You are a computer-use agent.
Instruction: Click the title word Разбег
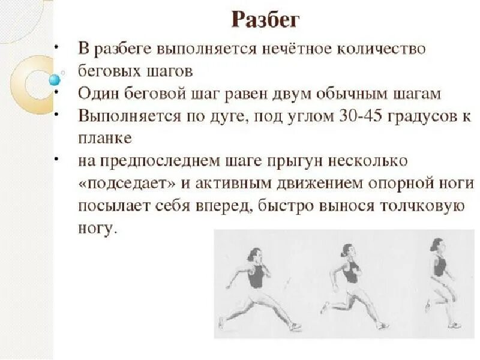[265, 20]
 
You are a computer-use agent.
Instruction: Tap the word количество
[387, 49]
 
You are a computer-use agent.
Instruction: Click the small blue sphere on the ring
[55, 79]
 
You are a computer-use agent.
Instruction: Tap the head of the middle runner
[348, 251]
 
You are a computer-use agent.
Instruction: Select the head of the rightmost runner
[437, 245]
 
